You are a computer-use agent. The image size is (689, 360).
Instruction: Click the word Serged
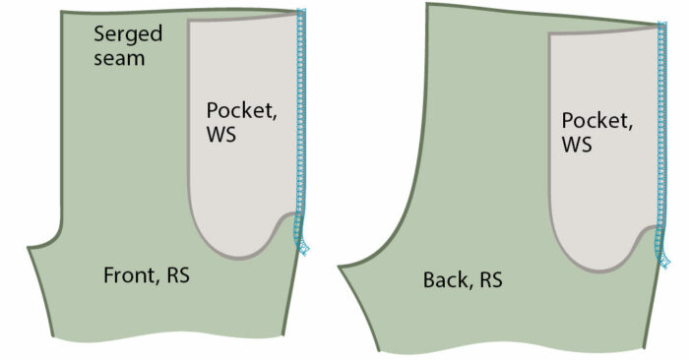[x=127, y=34]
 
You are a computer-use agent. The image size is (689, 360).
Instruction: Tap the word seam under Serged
[x=119, y=58]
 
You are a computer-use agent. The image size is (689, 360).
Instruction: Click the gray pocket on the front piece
[x=236, y=187]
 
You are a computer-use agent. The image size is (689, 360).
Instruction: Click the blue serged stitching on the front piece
[x=299, y=118]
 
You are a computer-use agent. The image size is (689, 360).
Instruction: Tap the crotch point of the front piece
[x=29, y=246]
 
